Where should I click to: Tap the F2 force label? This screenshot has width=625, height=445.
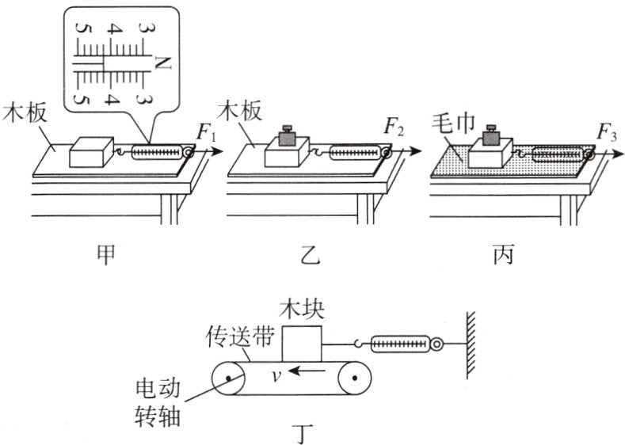tap(394, 125)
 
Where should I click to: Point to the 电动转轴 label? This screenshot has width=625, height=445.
tap(159, 402)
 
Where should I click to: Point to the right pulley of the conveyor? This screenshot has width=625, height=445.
tap(354, 379)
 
